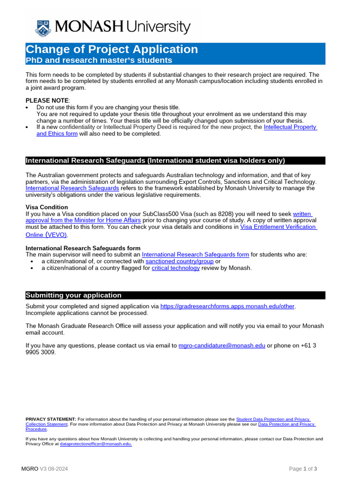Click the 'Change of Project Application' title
click(112, 49)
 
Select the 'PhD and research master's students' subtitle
click(99, 60)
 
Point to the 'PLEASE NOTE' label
click(47, 100)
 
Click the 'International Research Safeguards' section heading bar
click(175, 161)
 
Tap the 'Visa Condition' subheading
click(46, 207)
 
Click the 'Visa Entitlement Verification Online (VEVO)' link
click(278, 227)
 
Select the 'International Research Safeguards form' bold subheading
click(82, 248)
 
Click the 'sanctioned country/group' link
click(180, 261)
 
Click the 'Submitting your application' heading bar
click(175, 295)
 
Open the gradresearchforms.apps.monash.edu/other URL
click(227, 307)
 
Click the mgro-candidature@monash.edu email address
click(222, 345)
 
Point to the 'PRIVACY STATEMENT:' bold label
click(51, 419)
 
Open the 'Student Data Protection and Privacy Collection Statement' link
click(273, 419)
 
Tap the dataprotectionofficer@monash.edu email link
click(96, 443)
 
